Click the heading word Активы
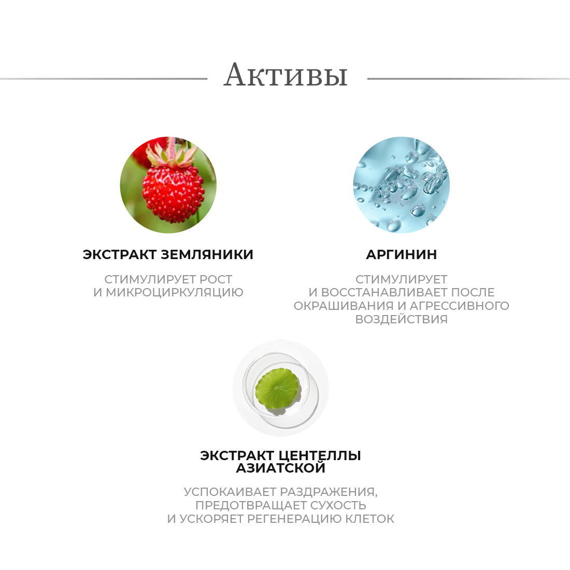pos(286,75)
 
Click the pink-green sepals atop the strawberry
pos(172,154)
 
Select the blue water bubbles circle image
pos(401,184)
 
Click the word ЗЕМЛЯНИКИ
pos(207,254)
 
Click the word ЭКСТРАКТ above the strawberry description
pos(120,254)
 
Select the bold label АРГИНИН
pos(401,254)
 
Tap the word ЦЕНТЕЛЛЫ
pos(320,456)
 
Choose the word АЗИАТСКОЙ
pos(281,468)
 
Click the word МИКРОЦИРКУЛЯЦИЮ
pos(175,292)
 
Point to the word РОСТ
pos(216,279)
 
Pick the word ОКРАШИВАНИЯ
pos(344,306)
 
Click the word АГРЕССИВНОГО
pos(460,306)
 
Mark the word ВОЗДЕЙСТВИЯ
pos(401,319)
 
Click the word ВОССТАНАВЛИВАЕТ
pos(384,292)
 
